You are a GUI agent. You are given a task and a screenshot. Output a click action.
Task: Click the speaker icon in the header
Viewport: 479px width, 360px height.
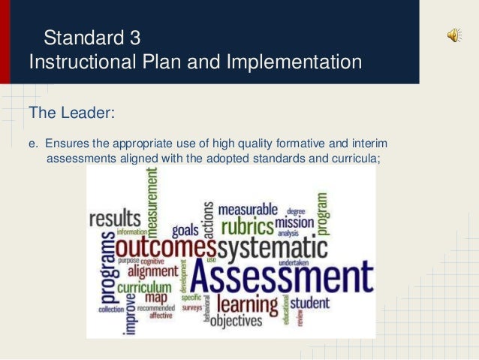(455, 35)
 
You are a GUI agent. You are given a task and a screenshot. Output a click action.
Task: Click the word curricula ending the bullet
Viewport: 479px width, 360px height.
(346, 159)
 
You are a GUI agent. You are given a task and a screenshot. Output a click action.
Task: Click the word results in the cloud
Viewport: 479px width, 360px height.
(115, 219)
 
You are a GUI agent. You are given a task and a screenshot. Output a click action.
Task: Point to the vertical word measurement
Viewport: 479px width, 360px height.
(152, 198)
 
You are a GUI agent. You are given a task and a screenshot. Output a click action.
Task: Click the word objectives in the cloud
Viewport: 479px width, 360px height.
(236, 321)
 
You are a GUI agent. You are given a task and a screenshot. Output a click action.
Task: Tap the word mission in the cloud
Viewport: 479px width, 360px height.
(294, 222)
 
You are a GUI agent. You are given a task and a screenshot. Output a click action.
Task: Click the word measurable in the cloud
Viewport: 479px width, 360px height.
(247, 208)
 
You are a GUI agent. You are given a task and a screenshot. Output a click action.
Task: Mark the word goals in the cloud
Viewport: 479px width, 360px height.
(185, 230)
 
